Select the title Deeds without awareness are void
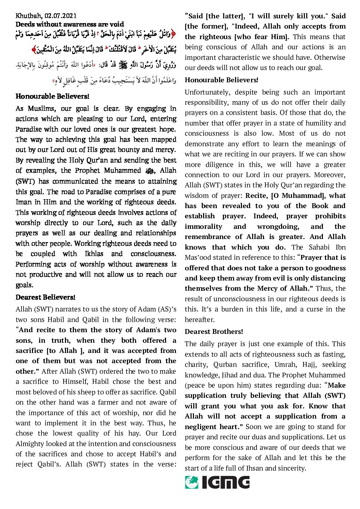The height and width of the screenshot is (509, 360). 70,24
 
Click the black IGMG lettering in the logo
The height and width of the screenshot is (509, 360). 226,482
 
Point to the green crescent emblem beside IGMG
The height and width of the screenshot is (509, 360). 192,482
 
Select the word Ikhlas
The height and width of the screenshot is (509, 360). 94,254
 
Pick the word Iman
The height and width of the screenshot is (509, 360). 24,202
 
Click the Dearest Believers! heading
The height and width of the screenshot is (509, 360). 45,297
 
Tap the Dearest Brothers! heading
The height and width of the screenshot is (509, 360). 214,332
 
